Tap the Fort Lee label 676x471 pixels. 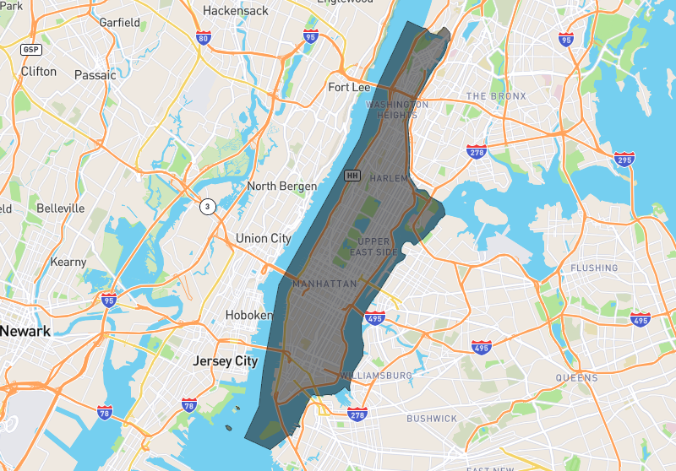point(350,87)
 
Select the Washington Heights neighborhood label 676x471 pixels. point(397,109)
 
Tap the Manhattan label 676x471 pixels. point(324,284)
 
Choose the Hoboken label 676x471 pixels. point(249,315)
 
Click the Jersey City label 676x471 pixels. point(225,360)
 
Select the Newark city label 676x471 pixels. point(25,331)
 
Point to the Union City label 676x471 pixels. point(264,238)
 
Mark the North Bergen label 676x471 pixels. point(282,186)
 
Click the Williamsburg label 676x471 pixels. point(377,375)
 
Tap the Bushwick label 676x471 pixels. point(432,418)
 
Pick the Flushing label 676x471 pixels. point(595,268)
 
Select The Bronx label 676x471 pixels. point(496,96)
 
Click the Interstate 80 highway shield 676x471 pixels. point(203,38)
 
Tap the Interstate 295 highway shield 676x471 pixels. point(624,160)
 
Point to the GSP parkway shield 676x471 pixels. point(31,50)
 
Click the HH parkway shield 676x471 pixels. point(353,176)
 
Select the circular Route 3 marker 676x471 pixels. point(208,206)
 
